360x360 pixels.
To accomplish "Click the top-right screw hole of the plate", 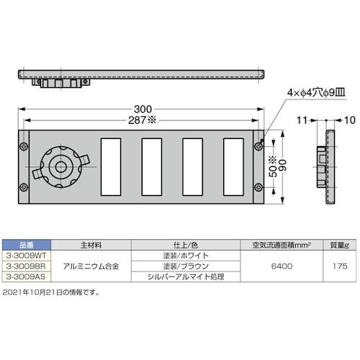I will [x=258, y=147].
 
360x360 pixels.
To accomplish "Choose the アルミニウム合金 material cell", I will [x=92, y=266].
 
